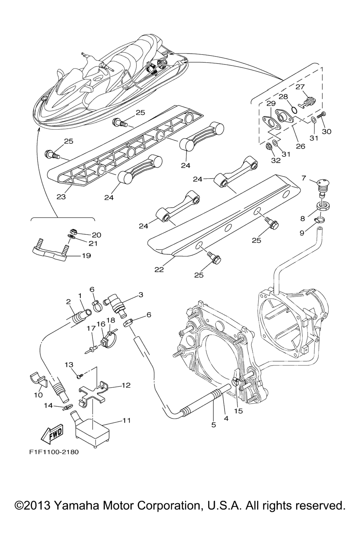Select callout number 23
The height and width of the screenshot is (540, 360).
61,197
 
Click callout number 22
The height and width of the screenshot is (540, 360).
159,270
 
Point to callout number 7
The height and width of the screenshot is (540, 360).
304,178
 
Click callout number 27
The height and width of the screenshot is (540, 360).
301,87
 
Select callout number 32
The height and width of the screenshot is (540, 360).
276,161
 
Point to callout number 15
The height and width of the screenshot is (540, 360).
239,411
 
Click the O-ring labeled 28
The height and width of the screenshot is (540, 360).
294,110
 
